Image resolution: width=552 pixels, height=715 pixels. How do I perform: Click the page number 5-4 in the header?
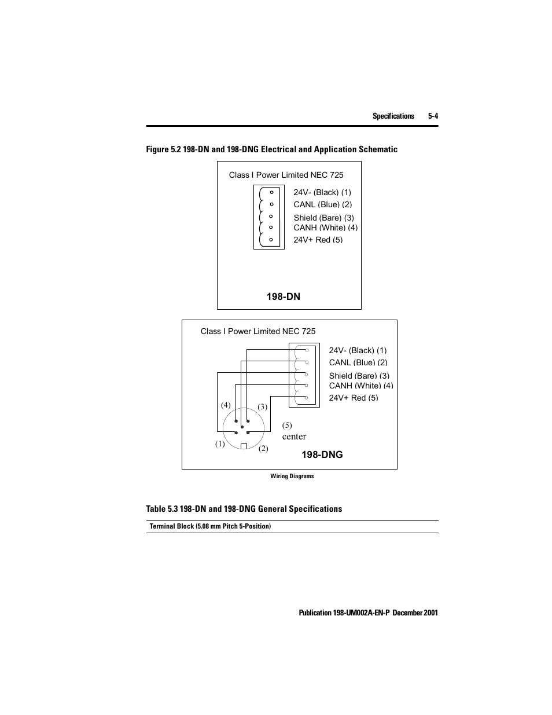point(433,116)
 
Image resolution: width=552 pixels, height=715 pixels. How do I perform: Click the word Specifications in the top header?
point(393,116)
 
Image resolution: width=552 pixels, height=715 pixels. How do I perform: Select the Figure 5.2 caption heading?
point(271,149)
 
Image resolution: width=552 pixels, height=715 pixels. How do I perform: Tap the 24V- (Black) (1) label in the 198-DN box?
point(322,192)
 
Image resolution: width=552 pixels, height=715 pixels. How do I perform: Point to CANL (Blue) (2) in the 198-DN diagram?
point(322,204)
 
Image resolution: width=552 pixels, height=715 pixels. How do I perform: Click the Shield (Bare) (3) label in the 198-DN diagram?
point(323,218)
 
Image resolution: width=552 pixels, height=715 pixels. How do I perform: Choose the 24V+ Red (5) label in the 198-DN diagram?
point(318,240)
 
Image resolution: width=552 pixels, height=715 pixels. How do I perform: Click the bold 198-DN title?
point(283,296)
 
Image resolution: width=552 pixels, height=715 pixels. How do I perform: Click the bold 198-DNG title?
point(322,454)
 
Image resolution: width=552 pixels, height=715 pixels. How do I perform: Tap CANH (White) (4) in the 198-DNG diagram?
point(360,386)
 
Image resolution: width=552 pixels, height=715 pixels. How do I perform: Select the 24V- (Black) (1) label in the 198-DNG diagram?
point(358,350)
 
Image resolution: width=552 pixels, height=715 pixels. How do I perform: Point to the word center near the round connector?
point(294,437)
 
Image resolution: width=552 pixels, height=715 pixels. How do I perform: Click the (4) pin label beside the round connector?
point(226,405)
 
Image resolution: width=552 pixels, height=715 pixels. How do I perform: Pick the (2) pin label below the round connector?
point(263,448)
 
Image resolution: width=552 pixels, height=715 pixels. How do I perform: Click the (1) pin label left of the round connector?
point(220,444)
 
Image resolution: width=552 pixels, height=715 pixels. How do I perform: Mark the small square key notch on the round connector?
point(244,446)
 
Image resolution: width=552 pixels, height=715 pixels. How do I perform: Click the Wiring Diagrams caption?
point(292,476)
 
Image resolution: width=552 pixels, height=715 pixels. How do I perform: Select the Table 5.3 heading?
point(244,509)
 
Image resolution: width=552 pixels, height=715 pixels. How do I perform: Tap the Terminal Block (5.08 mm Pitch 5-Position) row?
point(210,526)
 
